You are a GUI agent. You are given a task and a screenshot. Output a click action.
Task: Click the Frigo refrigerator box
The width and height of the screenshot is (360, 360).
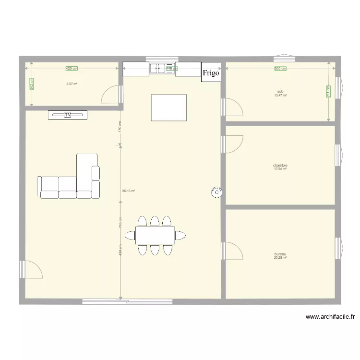[211, 72]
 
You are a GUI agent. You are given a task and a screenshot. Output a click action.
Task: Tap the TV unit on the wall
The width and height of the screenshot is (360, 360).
[68, 115]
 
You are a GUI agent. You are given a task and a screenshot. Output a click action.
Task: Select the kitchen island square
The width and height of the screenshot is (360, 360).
[168, 108]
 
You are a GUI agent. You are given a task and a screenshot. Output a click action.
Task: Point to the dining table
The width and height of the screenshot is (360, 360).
[155, 236]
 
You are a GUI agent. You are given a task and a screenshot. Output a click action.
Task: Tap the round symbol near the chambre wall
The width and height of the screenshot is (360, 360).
[216, 192]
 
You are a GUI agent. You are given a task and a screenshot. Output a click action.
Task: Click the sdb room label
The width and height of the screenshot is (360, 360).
[280, 91]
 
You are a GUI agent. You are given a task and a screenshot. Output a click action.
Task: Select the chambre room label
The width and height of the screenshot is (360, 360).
[280, 165]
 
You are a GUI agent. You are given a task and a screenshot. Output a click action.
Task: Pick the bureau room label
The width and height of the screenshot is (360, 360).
[280, 254]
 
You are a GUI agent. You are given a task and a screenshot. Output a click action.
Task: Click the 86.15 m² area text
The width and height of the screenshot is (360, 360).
[129, 191]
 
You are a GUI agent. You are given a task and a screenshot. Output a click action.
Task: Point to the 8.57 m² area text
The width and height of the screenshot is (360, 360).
[72, 84]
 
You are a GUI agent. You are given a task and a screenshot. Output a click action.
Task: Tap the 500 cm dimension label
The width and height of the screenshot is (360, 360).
[280, 69]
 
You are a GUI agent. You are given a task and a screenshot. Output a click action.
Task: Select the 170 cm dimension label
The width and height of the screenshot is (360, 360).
[120, 127]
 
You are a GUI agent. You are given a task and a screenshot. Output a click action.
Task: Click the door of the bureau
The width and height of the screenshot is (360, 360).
[233, 251]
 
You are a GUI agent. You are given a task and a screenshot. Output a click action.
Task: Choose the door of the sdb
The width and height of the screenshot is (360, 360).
[233, 107]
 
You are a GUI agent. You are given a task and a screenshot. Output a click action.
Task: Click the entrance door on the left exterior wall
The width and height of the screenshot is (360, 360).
[31, 269]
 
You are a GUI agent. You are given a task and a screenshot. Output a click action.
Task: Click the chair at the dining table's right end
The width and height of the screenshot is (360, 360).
[180, 235]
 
